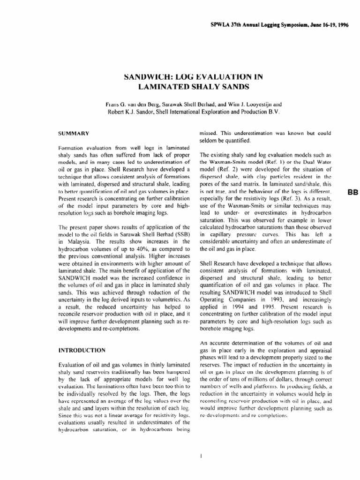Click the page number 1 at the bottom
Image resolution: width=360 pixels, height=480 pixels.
[200, 454]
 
